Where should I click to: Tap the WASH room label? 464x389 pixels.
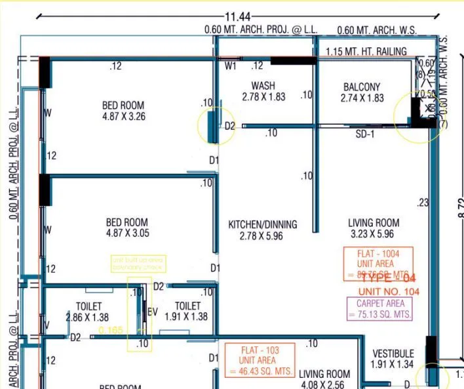point(263,86)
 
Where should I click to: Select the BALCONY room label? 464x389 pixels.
point(362,87)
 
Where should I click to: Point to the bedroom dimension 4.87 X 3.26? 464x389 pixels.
point(123,117)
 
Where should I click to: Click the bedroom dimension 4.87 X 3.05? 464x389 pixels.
point(127,234)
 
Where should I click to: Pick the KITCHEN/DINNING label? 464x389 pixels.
point(262,224)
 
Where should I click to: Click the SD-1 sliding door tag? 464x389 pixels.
point(364,134)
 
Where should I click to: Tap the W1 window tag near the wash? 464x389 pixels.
point(231,66)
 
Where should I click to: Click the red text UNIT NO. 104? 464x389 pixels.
point(389,291)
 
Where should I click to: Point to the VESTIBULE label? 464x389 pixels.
point(393,354)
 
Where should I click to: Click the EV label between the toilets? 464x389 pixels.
point(153,312)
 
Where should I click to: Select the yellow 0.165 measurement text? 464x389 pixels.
point(111,330)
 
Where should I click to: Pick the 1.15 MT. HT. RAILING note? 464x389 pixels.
point(366,51)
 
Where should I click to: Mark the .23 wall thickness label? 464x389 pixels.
point(422,203)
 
